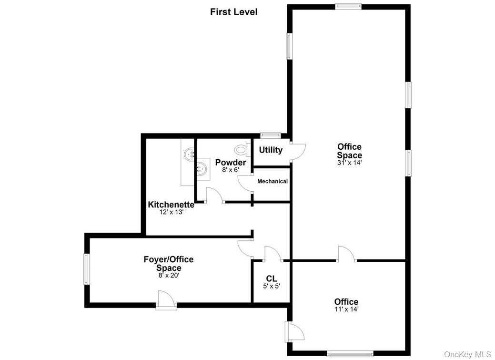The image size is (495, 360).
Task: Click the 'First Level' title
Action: (233, 12)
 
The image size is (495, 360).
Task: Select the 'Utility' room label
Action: (271, 150)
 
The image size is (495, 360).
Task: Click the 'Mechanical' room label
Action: (273, 181)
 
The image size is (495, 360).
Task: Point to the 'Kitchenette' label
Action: (171, 205)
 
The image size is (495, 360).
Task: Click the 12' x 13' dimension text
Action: (171, 213)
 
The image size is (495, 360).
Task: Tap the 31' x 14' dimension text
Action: (349, 163)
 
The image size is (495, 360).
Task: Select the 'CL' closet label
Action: (272, 278)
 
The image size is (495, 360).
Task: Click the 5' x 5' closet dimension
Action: (272, 287)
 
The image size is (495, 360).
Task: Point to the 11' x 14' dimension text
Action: (346, 309)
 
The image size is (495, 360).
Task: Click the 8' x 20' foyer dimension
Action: (169, 275)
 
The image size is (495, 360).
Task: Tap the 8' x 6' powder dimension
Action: (230, 170)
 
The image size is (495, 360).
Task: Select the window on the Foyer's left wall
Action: (87, 269)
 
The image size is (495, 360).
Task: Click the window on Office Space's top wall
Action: (348, 6)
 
